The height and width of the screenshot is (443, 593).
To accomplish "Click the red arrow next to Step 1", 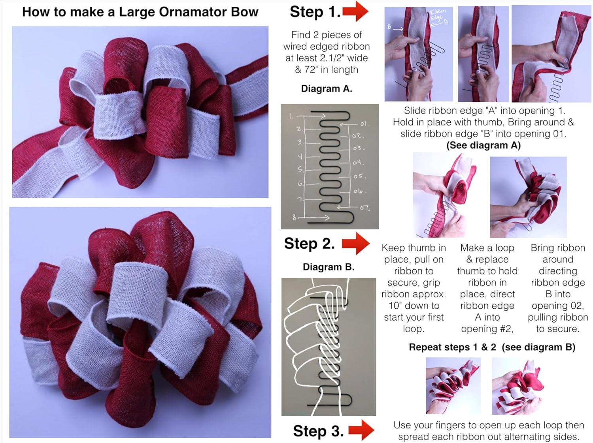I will coord(355,11).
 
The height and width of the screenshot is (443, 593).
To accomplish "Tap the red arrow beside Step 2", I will coord(355,243).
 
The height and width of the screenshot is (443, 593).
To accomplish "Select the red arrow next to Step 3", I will coord(361,430).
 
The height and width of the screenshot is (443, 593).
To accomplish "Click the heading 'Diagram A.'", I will coord(327,88).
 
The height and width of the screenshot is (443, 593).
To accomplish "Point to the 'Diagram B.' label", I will coord(329,267).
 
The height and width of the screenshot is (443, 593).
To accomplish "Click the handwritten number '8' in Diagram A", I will coord(294,217).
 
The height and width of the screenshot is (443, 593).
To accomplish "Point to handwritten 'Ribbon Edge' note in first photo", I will coord(437,15).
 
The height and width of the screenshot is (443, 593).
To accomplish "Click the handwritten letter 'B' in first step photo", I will coord(389,27).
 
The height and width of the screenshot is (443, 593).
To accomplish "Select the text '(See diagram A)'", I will coord(483,145).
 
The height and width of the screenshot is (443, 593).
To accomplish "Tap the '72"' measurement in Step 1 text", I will coord(310,69).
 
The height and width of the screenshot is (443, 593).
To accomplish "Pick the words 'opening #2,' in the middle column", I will coord(487,329).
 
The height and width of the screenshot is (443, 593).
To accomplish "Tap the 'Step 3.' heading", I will coord(318,431).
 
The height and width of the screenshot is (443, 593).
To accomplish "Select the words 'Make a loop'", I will coord(487,248).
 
